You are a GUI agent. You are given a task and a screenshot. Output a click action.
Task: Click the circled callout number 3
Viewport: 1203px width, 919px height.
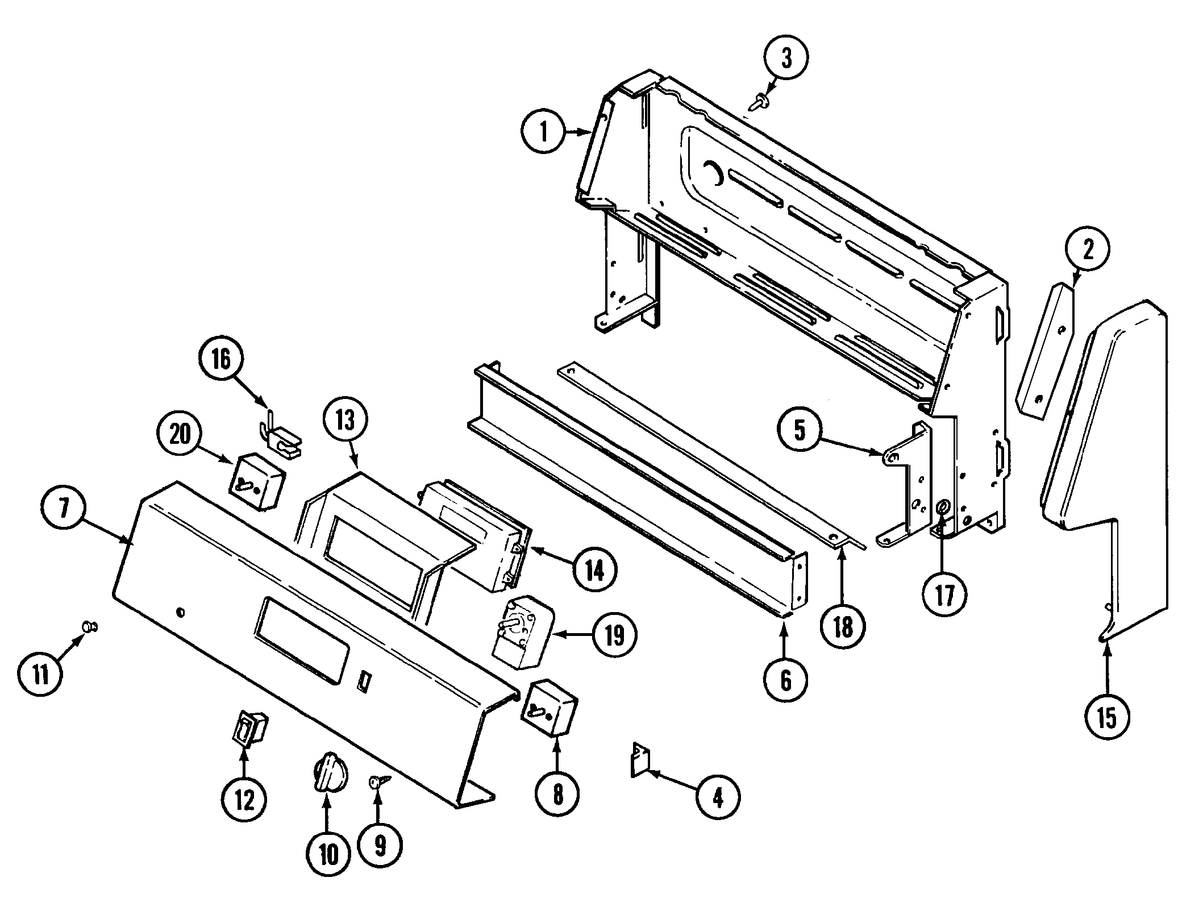[786, 59]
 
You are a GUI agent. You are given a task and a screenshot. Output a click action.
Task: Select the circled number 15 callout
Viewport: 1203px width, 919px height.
[1107, 718]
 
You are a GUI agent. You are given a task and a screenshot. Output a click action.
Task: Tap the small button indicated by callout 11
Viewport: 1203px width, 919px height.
[89, 626]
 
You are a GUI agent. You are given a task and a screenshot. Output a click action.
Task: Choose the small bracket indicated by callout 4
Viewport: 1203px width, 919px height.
[640, 760]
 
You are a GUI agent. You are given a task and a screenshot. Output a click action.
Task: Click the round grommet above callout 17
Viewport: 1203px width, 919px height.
[943, 508]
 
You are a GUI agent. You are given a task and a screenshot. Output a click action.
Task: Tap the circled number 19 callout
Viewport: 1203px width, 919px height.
[615, 635]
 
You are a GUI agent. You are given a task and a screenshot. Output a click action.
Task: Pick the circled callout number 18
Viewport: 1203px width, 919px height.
[843, 627]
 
